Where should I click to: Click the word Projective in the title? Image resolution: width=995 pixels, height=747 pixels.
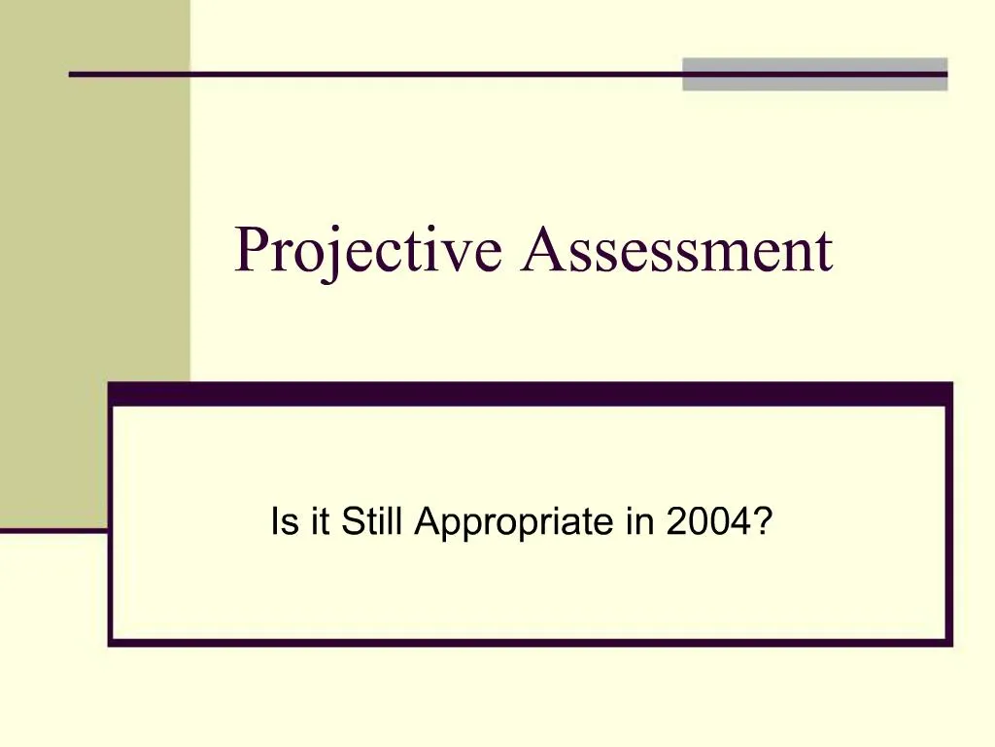[368, 251]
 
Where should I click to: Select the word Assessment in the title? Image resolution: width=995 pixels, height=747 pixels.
[676, 251]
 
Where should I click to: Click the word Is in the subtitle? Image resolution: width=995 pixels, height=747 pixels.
[281, 523]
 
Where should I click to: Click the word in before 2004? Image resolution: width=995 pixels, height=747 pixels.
[638, 523]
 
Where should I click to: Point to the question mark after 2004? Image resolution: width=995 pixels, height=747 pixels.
[764, 523]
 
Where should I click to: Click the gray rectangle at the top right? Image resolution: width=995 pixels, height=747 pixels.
[814, 74]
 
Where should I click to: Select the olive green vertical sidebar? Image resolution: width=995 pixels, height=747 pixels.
[94, 263]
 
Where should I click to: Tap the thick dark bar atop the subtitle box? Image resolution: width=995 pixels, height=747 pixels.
[530, 393]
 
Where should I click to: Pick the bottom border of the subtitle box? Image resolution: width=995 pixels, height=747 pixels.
[530, 641]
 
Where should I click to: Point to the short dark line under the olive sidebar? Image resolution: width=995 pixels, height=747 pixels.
[53, 530]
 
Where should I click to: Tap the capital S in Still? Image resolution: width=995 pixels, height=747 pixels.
[349, 523]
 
